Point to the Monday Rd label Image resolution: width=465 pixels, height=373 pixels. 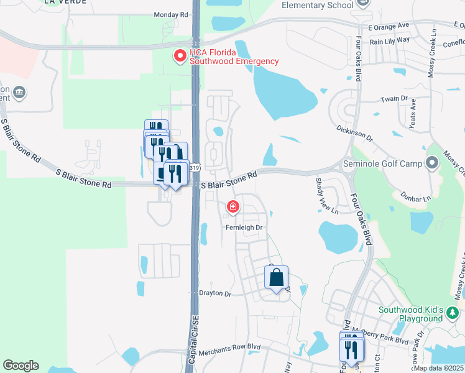coord(170,14)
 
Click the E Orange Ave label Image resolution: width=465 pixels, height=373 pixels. coord(389,27)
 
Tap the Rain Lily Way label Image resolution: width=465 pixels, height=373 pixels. coord(390,40)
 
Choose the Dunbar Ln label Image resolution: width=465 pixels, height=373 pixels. coord(417,199)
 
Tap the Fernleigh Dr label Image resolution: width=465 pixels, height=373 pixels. coord(244,228)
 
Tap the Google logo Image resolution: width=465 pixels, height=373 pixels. coord(21,366)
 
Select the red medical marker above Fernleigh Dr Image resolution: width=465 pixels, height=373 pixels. coord(233,206)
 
